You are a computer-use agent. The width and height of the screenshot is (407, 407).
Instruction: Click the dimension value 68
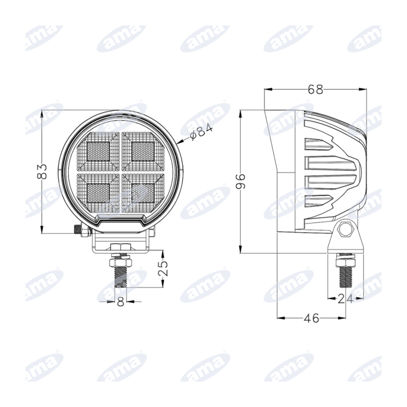point(315,90)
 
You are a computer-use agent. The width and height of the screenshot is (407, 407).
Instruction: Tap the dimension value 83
point(42,171)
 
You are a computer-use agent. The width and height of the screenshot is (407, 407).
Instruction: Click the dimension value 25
point(163,268)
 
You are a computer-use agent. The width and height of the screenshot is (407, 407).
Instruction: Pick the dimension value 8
point(121,302)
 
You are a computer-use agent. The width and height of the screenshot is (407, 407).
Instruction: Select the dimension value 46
point(312,318)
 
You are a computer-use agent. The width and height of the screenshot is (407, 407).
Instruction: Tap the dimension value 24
point(345,299)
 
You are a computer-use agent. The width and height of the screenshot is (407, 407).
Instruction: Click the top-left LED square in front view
point(98,152)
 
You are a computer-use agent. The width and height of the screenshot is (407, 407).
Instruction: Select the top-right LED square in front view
point(143,152)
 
